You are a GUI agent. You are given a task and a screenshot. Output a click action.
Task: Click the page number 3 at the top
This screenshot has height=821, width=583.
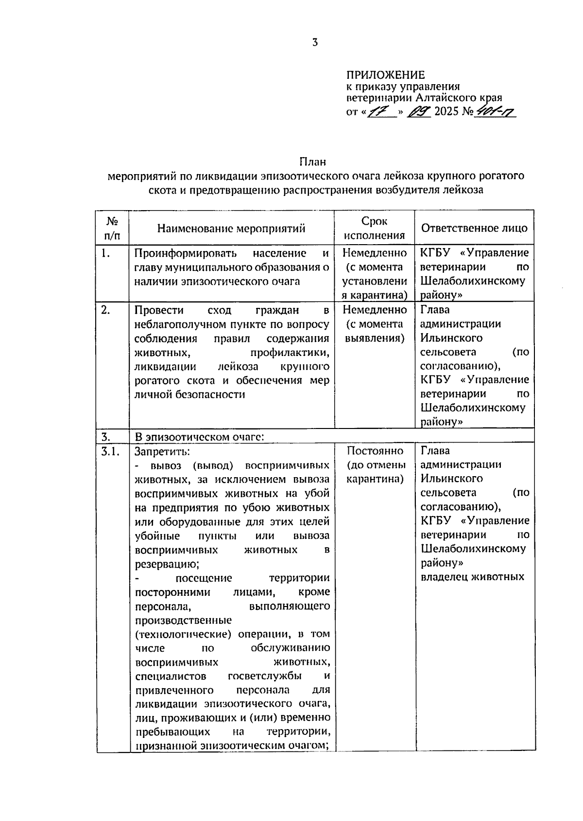pos(315,43)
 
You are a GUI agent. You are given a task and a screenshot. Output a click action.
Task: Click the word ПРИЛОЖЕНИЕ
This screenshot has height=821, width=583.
pos(385,75)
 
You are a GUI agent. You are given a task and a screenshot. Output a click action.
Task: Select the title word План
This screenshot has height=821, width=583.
pos(312,161)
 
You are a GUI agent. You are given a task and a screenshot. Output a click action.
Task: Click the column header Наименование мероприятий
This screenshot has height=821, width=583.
pos(231,228)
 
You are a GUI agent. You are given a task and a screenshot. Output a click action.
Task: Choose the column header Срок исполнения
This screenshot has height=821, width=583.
pos(374,228)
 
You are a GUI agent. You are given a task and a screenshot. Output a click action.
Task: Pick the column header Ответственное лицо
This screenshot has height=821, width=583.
pos(474,228)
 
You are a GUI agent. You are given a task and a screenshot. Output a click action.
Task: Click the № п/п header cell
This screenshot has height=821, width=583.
pos(112,228)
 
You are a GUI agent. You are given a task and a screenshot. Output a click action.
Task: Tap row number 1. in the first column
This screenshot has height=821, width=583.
pos(106,253)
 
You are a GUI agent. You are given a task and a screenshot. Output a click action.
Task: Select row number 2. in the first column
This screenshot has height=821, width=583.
pos(106,310)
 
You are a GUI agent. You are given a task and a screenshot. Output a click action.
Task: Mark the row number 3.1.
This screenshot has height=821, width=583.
pos(110,451)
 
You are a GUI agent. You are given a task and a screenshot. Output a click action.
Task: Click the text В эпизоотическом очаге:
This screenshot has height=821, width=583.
pos(199,436)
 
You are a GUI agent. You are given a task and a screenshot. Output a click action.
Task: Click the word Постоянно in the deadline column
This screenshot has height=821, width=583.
pos(375,451)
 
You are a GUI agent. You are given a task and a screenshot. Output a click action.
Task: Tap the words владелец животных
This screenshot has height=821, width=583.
pos(472,577)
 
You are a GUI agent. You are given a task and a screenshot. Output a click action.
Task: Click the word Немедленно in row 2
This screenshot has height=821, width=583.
pos(375,310)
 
